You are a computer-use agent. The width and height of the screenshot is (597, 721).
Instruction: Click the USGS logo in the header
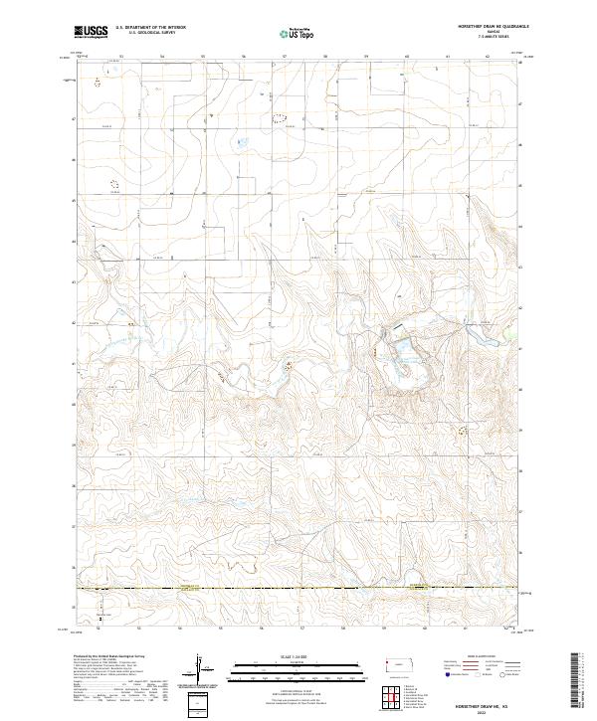point(92,32)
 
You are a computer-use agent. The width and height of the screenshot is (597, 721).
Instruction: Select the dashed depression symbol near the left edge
point(112,184)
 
